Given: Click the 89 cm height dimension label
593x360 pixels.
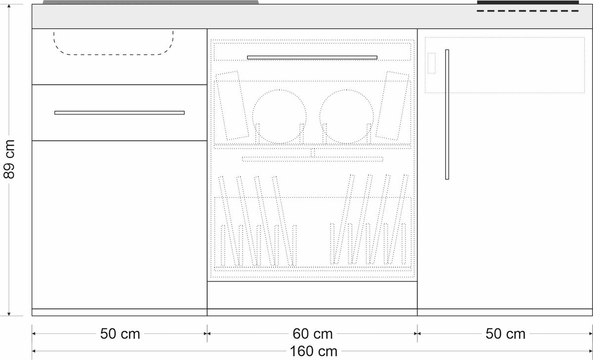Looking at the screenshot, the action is (x=9, y=159).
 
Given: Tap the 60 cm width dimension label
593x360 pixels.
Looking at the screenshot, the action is (x=312, y=334).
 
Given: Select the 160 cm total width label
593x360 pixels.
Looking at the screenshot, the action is (x=313, y=351).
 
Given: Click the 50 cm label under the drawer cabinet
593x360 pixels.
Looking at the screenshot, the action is (x=120, y=334).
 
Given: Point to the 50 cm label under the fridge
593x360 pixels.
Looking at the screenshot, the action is (x=506, y=334).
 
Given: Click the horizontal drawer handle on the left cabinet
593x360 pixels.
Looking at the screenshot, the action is (x=120, y=113).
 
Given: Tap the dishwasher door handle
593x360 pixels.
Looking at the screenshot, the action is (x=312, y=57).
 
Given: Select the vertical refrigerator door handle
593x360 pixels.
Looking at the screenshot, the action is (x=447, y=114).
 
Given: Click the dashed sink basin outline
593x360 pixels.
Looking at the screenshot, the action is (x=113, y=54).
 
